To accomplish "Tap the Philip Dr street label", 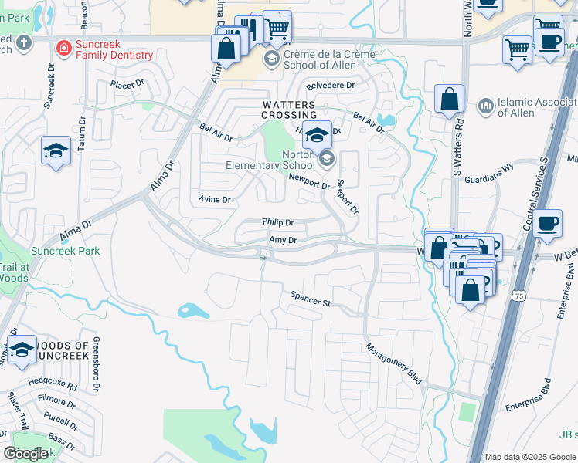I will coord(277,221).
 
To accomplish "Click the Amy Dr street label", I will coord(282,241).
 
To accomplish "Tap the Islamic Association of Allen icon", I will coord(486,105).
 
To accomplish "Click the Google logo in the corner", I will coord(25,454).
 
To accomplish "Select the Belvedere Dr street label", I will coord(330,86).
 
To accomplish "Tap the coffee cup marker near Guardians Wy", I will coord(547,224).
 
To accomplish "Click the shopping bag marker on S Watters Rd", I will coord(449,100).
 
